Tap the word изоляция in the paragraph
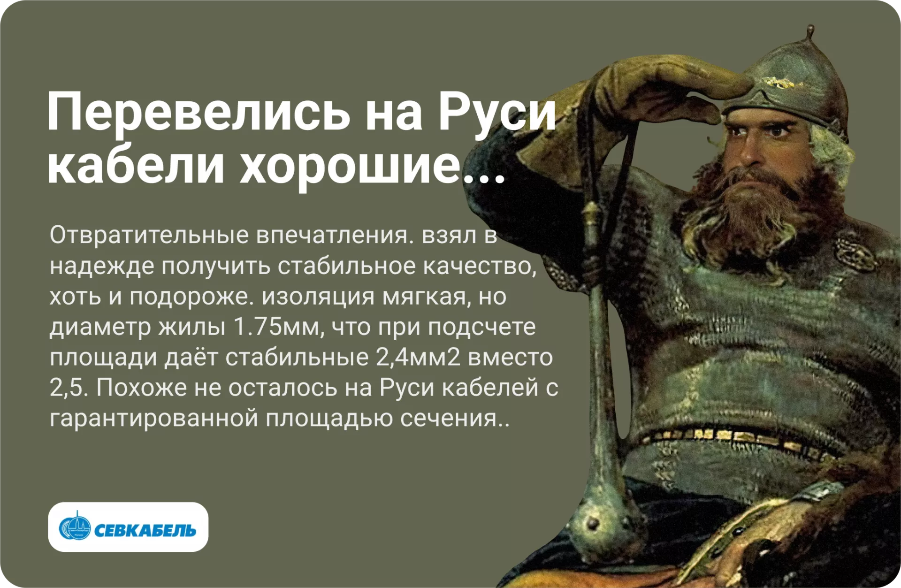coord(318,297)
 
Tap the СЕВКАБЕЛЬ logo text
coord(145,530)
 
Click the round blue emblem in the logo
coord(75,527)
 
